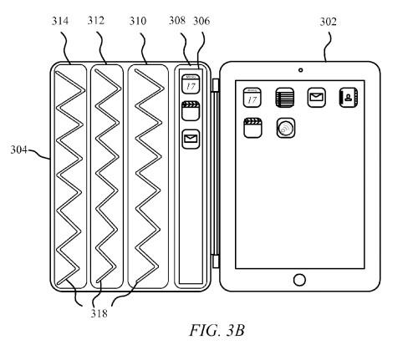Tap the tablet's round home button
pyautogui.click(x=298, y=278)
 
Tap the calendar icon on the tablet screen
pyautogui.click(x=250, y=97)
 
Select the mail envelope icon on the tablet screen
pyautogui.click(x=316, y=97)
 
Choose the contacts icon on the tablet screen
pyautogui.click(x=349, y=97)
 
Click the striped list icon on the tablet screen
pyautogui.click(x=283, y=97)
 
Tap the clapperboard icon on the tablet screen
pyautogui.click(x=250, y=129)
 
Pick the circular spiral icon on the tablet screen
pyautogui.click(x=284, y=129)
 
